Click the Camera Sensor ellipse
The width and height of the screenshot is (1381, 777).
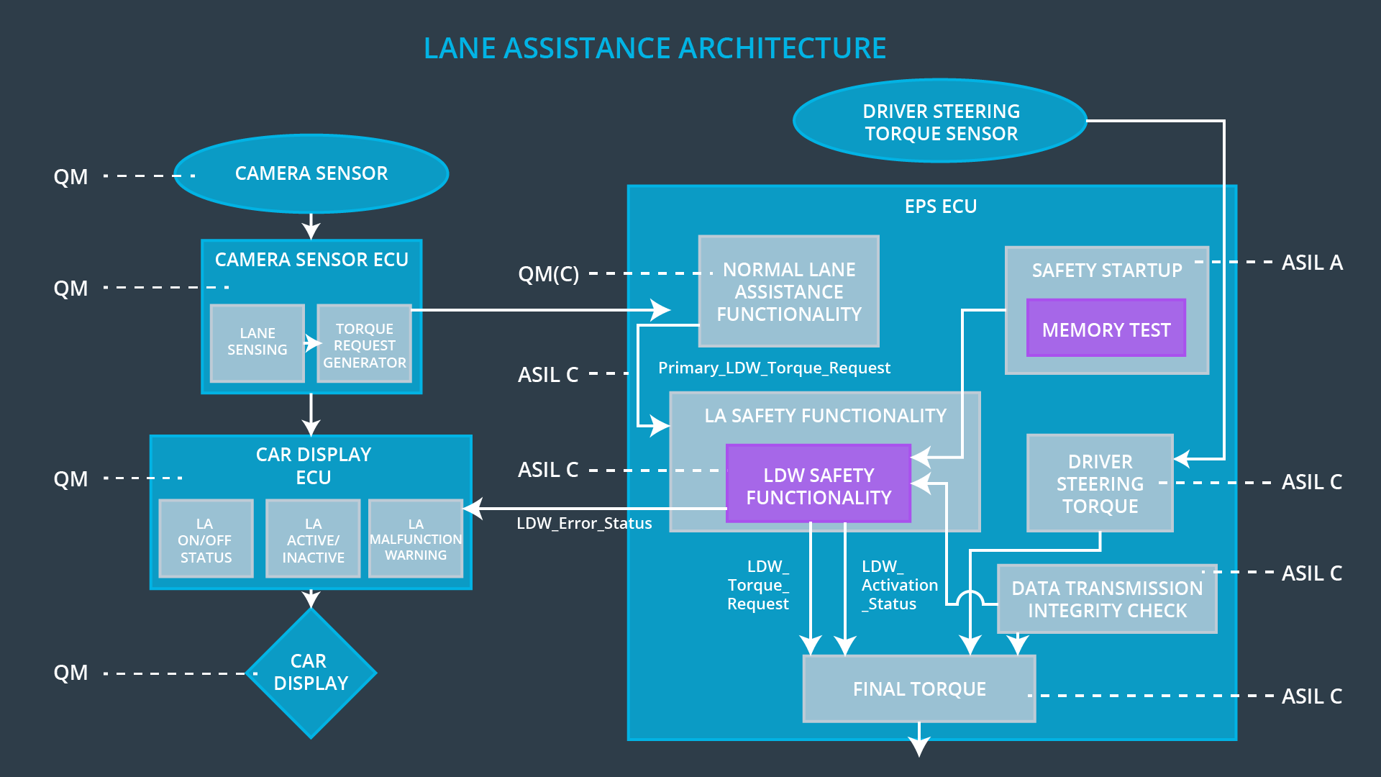pos(311,173)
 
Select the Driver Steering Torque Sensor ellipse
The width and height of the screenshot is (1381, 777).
pos(940,122)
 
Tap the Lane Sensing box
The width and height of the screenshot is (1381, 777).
pos(257,342)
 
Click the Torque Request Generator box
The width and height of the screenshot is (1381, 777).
pos(364,345)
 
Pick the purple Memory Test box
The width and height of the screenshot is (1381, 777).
pos(1106,329)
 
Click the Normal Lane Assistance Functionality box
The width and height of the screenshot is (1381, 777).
pos(788,291)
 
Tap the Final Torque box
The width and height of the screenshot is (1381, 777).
pos(919,689)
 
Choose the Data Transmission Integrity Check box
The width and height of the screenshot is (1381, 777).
pos(1106,599)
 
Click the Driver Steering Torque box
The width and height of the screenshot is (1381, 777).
pos(1099,483)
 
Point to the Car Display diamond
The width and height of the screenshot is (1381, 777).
pos(311,672)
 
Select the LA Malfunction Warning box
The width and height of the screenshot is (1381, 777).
pos(415,539)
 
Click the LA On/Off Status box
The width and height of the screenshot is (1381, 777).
pos(206,539)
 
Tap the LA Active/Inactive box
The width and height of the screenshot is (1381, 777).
pos(313,539)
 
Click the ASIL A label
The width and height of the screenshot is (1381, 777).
pos(1311,263)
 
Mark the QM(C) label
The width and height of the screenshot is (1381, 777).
pos(548,274)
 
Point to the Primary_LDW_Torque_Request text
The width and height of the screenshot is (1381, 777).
pos(774,368)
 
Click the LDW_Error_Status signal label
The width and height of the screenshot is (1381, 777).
pos(584,523)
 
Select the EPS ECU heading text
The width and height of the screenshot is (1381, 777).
pos(940,206)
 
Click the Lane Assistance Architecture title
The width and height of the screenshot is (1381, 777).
pos(655,48)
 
